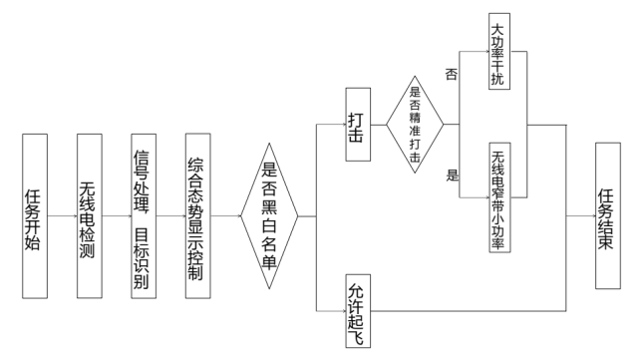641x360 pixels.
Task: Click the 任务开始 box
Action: [34, 215]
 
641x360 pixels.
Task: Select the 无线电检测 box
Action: [90, 215]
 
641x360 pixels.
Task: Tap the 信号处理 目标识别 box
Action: [145, 215]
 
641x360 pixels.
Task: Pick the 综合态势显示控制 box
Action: [199, 215]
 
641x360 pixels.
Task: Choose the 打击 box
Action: [357, 124]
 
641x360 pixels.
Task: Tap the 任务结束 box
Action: [611, 215]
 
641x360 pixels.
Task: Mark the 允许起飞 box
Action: [357, 308]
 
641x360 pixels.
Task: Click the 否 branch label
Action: [451, 74]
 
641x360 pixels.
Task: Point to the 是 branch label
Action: [452, 176]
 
